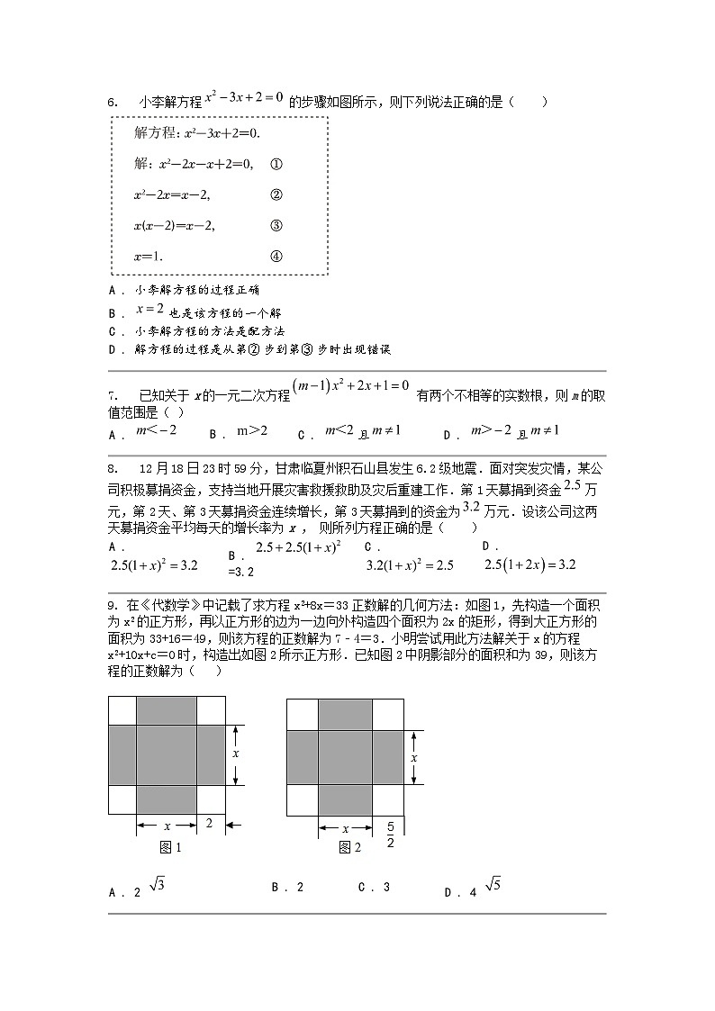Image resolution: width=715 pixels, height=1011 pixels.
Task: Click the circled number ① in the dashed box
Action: (276, 164)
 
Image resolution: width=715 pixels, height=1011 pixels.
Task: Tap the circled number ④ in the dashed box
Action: (276, 256)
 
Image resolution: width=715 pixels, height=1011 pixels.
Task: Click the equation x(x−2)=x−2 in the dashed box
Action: (174, 225)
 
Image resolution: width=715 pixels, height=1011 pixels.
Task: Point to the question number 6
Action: (113, 103)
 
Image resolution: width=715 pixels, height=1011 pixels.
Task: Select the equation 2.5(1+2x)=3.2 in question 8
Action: (529, 564)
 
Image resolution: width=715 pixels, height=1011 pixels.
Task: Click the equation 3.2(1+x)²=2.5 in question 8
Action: (409, 565)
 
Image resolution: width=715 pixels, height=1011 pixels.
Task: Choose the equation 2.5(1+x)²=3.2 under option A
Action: (153, 565)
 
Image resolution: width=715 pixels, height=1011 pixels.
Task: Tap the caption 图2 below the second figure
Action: (349, 847)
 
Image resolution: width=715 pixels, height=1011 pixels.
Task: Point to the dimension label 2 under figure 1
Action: (209, 822)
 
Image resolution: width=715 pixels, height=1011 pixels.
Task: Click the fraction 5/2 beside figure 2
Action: (390, 834)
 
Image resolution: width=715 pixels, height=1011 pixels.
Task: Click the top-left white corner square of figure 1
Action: (122, 710)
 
